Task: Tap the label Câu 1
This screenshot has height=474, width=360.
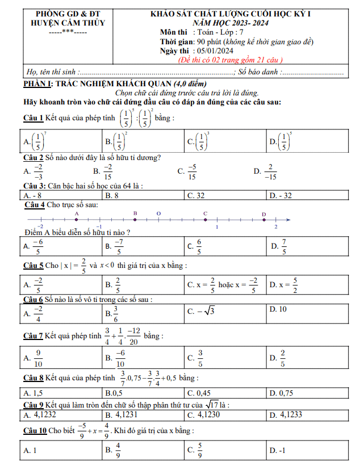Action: coord(33,118)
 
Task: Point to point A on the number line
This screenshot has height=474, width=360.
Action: coord(77,220)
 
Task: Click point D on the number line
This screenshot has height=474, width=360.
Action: coord(264,220)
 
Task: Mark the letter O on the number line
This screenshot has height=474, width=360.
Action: coord(158,213)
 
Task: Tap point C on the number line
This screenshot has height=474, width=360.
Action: coord(206,220)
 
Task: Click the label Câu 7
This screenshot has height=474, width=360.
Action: coord(33,336)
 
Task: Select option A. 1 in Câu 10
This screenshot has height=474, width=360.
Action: coord(30,450)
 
